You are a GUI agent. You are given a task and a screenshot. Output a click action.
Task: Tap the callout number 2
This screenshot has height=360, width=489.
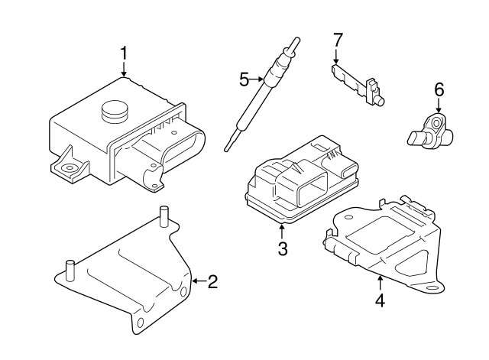tap(212, 282)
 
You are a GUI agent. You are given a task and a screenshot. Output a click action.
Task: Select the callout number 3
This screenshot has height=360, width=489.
tap(282, 249)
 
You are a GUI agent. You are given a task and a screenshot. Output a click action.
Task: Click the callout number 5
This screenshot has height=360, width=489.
tap(244, 78)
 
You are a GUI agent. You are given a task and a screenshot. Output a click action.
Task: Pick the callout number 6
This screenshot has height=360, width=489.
tap(439, 90)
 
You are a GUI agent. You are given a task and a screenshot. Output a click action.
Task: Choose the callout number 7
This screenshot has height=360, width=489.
tap(337, 38)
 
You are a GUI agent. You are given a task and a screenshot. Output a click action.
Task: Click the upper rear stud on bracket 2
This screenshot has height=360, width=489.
tap(163, 216)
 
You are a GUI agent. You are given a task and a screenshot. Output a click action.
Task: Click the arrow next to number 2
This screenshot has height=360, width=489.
tap(196, 282)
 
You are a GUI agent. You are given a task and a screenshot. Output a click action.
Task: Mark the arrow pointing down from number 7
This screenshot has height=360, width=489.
tap(337, 55)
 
